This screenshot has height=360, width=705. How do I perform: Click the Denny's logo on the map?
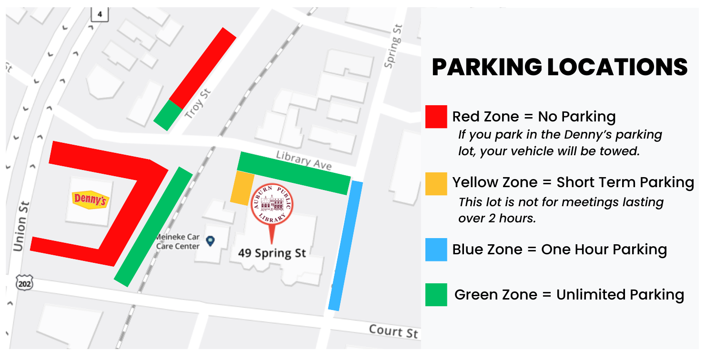pos(90,200)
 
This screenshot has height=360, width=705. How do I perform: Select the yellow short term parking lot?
pos(242,188)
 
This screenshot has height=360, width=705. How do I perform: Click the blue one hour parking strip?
pos(346,245)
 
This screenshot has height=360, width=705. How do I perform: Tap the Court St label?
pos(393,331)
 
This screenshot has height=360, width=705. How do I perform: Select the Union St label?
pos(22,227)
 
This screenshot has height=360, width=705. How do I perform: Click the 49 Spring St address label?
pos(272,252)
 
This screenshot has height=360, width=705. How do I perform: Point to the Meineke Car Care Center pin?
pos(210,241)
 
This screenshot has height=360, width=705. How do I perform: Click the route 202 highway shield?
pos(23,284)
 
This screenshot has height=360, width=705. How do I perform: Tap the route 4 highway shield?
pos(100,14)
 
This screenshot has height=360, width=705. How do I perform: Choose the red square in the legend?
pos(436,117)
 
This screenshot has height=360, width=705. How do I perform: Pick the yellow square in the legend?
pos(436,184)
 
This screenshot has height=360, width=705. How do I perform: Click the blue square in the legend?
pos(436,250)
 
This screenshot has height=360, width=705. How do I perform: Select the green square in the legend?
pos(436,294)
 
